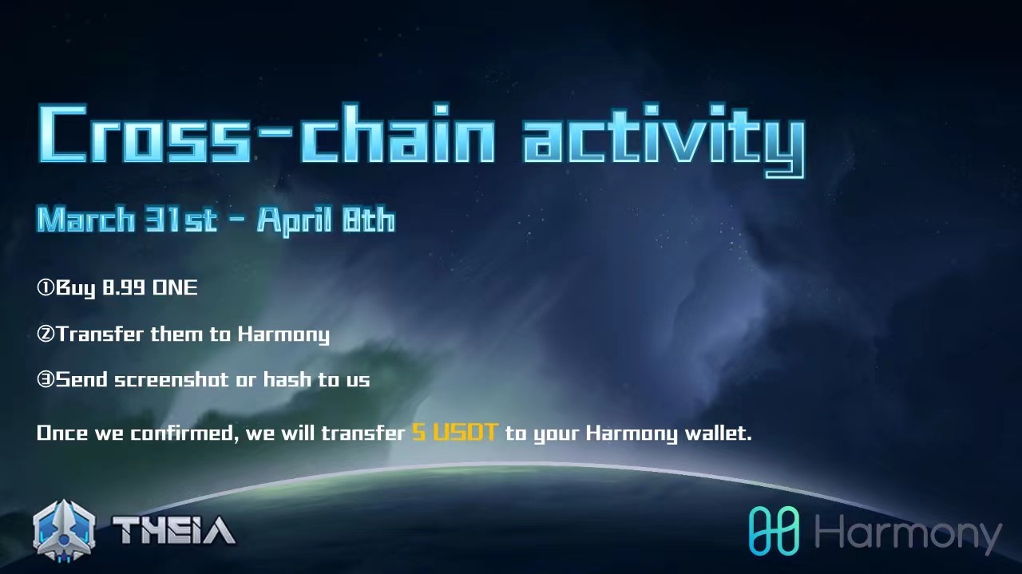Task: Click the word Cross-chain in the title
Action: tap(267, 133)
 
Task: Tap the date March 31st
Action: tap(127, 220)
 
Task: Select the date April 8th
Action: tap(326, 221)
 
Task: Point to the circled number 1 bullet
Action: tap(46, 287)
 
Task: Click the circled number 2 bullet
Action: tap(46, 334)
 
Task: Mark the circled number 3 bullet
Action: tap(46, 379)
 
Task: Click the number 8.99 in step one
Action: tap(124, 287)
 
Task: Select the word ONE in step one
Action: tap(175, 287)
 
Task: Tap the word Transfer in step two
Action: tap(100, 334)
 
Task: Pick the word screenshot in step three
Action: tap(171, 380)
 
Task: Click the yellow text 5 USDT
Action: tap(454, 432)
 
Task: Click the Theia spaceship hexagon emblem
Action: tap(65, 531)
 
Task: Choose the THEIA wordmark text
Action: tap(174, 531)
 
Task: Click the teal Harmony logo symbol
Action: tap(774, 531)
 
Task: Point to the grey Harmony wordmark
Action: tap(908, 534)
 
